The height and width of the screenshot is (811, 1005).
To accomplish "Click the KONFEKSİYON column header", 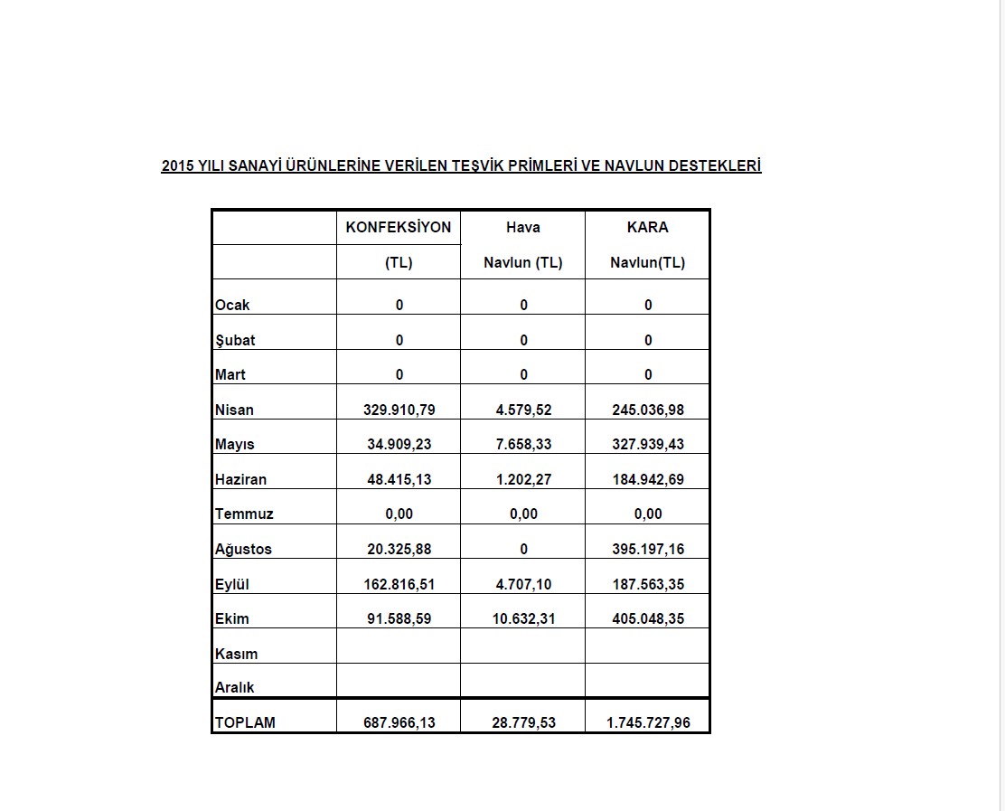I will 398,227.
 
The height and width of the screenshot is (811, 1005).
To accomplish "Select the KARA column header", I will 647,227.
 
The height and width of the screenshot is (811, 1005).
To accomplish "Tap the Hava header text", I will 523,227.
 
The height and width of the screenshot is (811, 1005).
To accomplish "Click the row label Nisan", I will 234,410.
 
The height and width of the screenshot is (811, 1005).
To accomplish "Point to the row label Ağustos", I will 243,549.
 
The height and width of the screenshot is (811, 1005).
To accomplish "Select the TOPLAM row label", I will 245,722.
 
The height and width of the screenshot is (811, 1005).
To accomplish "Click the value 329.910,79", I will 399,410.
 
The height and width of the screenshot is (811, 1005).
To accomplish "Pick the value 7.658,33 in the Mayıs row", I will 523,444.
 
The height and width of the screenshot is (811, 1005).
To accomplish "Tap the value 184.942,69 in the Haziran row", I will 647,479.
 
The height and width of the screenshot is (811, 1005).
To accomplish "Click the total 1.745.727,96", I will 647,722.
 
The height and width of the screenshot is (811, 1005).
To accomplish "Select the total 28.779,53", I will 523,722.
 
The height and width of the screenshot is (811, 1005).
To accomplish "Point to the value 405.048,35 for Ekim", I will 647,618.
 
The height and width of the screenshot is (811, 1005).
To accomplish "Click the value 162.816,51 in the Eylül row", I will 399,584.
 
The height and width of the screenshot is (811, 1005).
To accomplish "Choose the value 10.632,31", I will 523,618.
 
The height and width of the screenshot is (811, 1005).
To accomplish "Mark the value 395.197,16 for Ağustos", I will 647,549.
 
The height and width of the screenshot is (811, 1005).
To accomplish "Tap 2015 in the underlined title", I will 177,165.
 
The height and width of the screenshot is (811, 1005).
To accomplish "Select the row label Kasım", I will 236,654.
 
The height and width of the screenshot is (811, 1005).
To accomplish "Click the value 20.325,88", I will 399,549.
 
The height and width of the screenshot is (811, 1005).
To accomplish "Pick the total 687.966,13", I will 399,722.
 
